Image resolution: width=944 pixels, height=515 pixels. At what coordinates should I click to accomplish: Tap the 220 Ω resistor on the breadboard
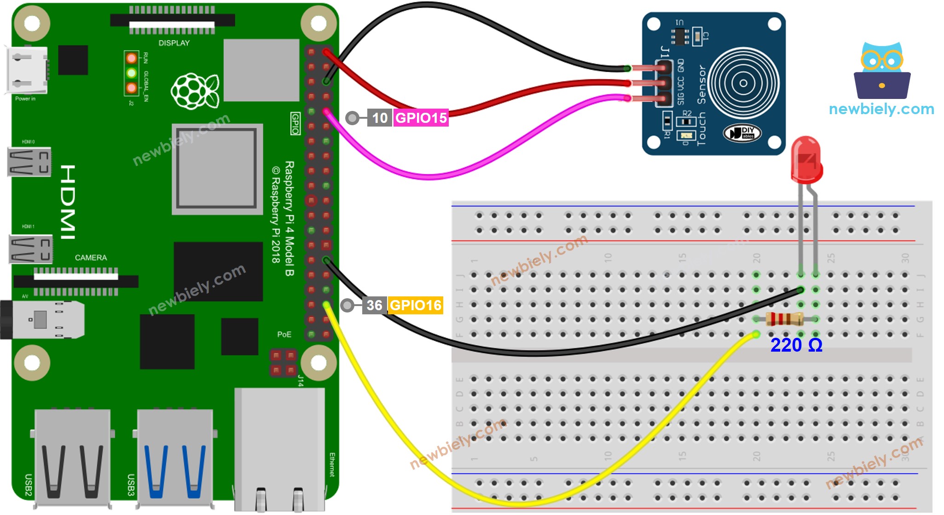tap(785, 319)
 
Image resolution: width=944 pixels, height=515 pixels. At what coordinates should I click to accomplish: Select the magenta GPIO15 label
tap(421, 118)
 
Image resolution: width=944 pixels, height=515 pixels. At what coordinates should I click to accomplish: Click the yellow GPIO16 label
tap(415, 305)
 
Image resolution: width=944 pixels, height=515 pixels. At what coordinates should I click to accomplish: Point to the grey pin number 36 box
tap(374, 305)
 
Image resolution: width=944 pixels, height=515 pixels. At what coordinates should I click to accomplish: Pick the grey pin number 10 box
tap(379, 118)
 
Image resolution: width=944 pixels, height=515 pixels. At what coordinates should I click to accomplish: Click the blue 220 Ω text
tap(796, 345)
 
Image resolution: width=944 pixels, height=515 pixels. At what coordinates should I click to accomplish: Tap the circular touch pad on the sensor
tap(743, 83)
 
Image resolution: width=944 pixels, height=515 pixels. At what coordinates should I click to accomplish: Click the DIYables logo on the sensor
tap(742, 133)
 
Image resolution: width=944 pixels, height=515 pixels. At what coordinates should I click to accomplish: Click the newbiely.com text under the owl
tap(881, 109)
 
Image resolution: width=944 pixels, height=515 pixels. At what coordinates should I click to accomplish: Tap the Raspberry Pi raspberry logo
tap(195, 92)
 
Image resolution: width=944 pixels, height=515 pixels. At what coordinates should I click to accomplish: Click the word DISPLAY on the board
tap(174, 43)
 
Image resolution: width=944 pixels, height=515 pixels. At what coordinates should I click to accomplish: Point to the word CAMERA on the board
tap(91, 258)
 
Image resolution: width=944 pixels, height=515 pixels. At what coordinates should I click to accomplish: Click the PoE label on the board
tap(284, 334)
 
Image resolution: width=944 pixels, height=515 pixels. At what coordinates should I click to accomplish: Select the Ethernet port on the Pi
tap(279, 449)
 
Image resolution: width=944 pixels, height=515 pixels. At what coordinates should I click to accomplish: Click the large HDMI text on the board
tap(68, 202)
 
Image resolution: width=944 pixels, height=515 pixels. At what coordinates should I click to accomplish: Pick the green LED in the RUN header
tap(132, 73)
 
